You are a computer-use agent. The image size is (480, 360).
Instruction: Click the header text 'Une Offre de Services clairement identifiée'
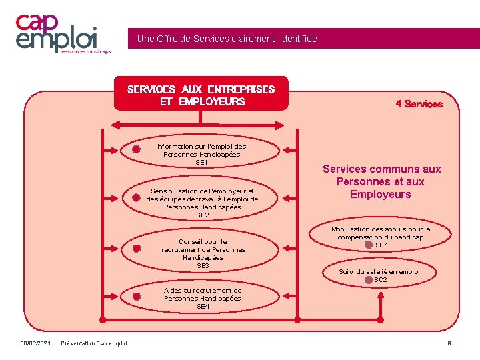click(x=227, y=39)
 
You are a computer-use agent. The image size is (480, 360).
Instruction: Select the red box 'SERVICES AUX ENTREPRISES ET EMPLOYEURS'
click(x=201, y=95)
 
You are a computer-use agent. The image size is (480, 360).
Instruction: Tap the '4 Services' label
click(x=419, y=104)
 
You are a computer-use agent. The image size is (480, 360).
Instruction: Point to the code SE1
click(x=201, y=162)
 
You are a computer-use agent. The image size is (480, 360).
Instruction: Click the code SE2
click(x=202, y=215)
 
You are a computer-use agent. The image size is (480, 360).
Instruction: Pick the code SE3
click(x=203, y=265)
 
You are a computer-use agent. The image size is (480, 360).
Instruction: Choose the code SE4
click(x=203, y=307)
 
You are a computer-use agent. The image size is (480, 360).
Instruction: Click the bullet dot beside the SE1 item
click(x=136, y=149)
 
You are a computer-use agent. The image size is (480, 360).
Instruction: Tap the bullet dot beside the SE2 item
click(x=135, y=198)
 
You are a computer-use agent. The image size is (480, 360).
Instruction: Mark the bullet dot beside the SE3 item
click(x=135, y=248)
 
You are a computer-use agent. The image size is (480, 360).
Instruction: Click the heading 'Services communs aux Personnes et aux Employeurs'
click(x=381, y=181)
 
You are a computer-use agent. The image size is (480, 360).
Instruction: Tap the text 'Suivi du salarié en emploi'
click(x=379, y=271)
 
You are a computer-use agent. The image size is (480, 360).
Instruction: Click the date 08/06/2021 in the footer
click(x=35, y=343)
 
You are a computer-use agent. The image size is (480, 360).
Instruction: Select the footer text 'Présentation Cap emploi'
click(x=93, y=343)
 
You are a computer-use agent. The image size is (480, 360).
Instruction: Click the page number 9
click(x=449, y=343)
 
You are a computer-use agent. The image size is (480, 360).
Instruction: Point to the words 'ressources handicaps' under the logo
click(x=85, y=50)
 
